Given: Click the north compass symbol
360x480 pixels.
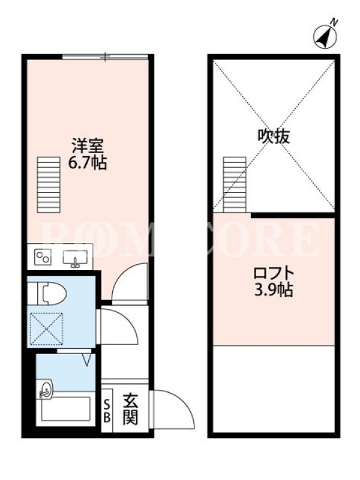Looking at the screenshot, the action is click(x=325, y=37).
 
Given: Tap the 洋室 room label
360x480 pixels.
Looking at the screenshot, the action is click(x=88, y=146).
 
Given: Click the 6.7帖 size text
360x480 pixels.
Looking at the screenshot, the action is click(x=87, y=163).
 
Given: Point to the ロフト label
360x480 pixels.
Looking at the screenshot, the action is click(x=274, y=273).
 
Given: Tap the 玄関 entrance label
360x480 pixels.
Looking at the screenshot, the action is click(x=131, y=410).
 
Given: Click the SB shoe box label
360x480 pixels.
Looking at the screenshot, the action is click(x=107, y=412).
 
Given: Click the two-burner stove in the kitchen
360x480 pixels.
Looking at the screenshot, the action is click(x=43, y=257).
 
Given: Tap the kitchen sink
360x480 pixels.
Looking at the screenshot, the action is click(x=76, y=257).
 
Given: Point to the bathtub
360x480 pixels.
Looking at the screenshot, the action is click(x=66, y=409).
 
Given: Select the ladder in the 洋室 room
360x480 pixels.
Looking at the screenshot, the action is click(x=49, y=185).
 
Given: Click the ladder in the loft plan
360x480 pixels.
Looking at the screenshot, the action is click(x=235, y=185).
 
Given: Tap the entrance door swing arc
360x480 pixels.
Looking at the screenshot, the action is click(x=181, y=401).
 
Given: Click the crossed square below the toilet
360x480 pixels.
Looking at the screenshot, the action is click(x=47, y=329).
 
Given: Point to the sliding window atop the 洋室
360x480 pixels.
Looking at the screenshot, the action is click(x=105, y=57).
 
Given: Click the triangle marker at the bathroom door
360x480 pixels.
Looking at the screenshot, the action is click(x=87, y=359).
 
